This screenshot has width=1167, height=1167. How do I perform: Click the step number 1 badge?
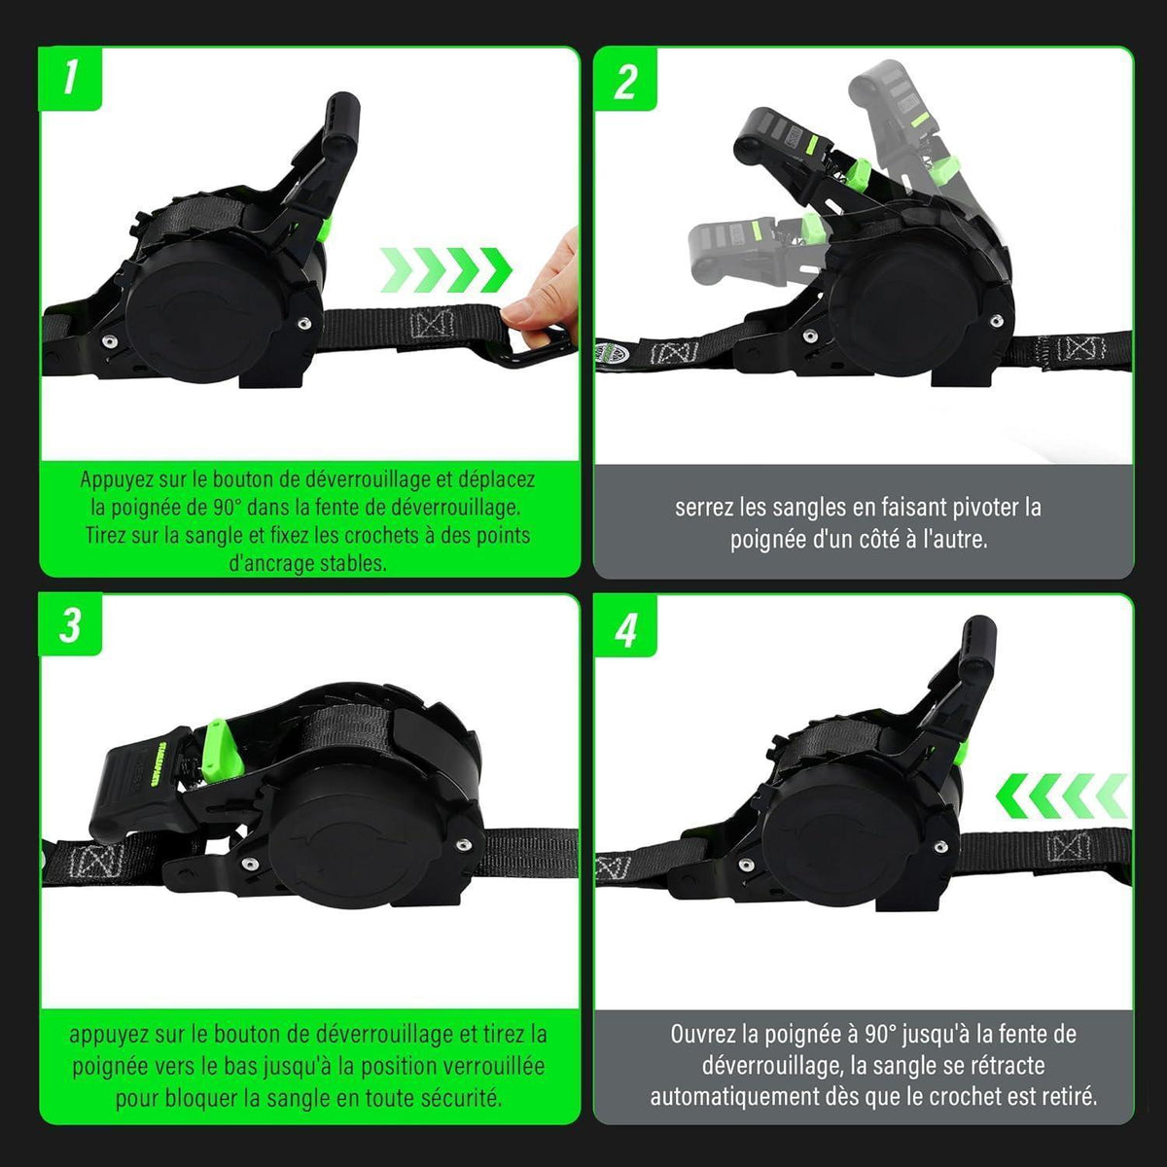coord(70,80)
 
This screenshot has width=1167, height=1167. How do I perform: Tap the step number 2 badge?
coord(625,80)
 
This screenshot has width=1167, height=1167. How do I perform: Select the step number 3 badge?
coord(70,625)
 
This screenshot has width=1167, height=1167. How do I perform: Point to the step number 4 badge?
coord(625,625)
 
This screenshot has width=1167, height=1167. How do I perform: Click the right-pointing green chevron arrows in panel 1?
coord(445,269)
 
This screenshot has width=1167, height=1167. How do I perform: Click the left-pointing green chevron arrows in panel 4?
coord(1061,796)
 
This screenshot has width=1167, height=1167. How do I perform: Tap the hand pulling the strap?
coord(544,291)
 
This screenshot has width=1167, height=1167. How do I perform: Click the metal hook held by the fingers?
coord(534,349)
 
